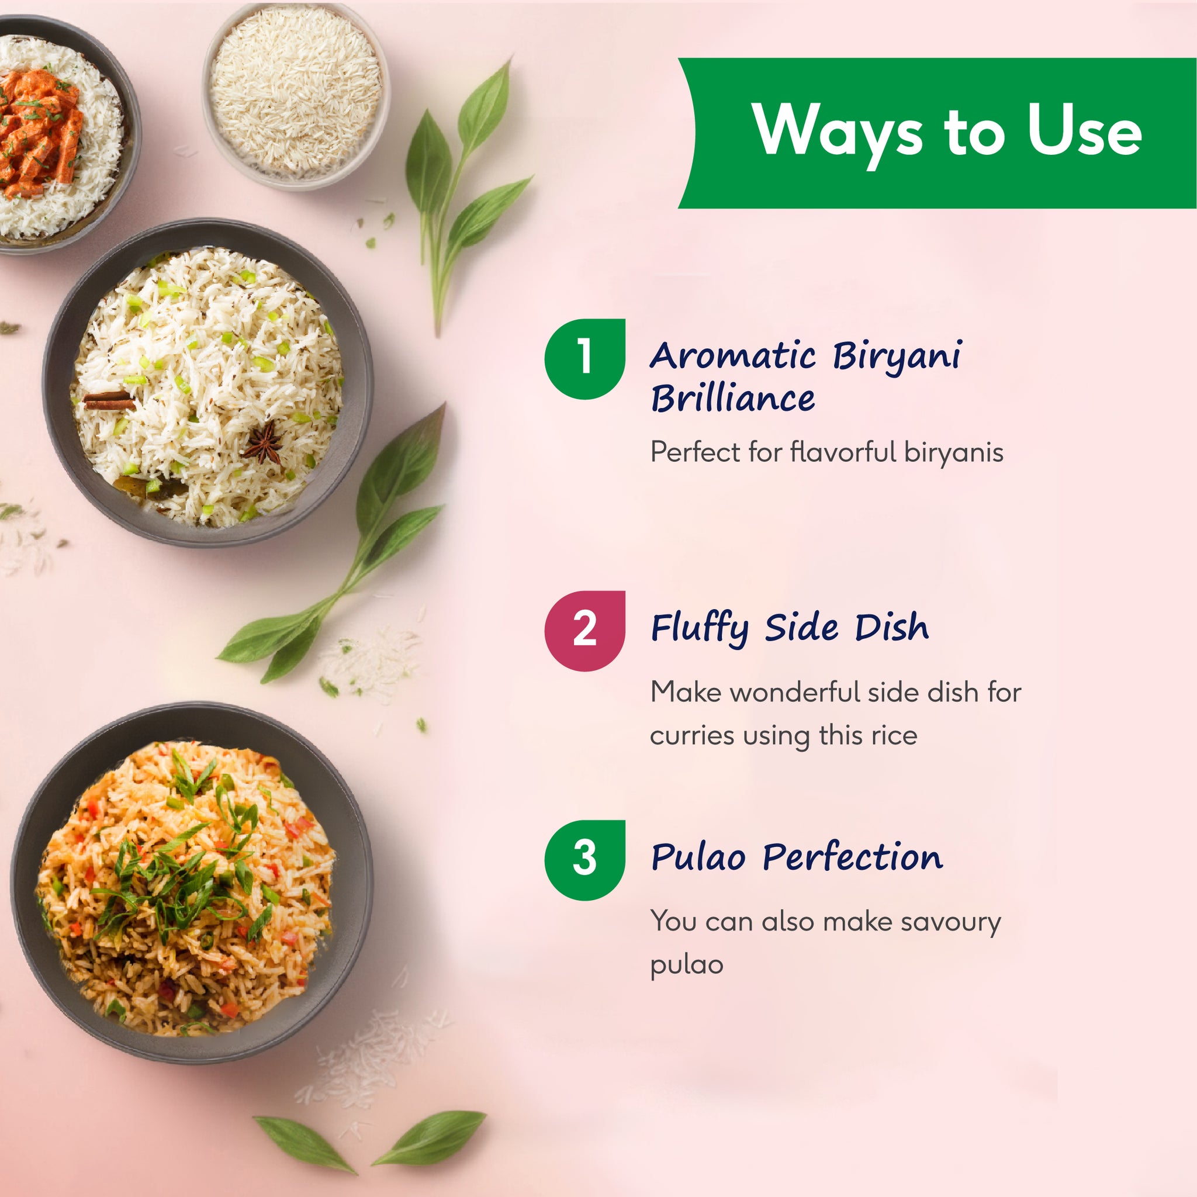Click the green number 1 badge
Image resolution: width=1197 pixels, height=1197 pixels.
[584, 359]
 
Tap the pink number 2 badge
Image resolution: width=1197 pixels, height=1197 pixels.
[584, 630]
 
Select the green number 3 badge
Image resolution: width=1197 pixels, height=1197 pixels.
[584, 859]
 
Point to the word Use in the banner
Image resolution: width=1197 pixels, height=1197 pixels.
[1084, 132]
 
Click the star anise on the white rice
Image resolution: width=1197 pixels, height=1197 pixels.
[264, 442]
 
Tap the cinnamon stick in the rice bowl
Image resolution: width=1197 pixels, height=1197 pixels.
[109, 401]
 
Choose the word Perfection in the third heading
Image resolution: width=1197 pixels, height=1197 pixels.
[853, 858]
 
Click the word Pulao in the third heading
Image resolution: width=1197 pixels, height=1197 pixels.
[698, 858]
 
